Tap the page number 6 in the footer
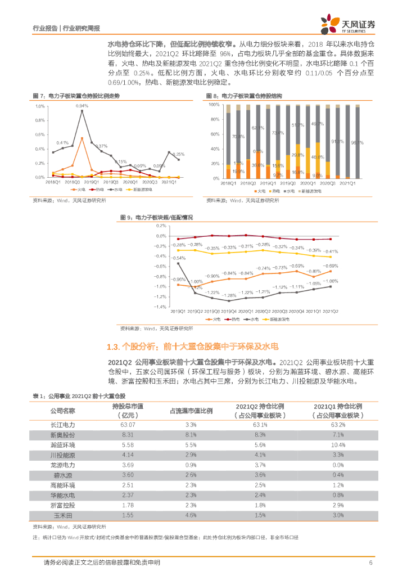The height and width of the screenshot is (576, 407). (x=371, y=562)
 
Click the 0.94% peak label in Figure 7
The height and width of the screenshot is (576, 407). (x=82, y=106)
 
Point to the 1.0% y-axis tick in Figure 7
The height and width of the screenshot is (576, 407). (x=39, y=106)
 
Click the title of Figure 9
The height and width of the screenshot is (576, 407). (x=157, y=217)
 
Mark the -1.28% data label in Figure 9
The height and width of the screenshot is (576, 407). (x=228, y=295)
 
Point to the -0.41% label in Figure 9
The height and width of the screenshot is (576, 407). (x=331, y=251)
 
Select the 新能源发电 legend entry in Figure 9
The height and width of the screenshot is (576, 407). (x=279, y=319)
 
